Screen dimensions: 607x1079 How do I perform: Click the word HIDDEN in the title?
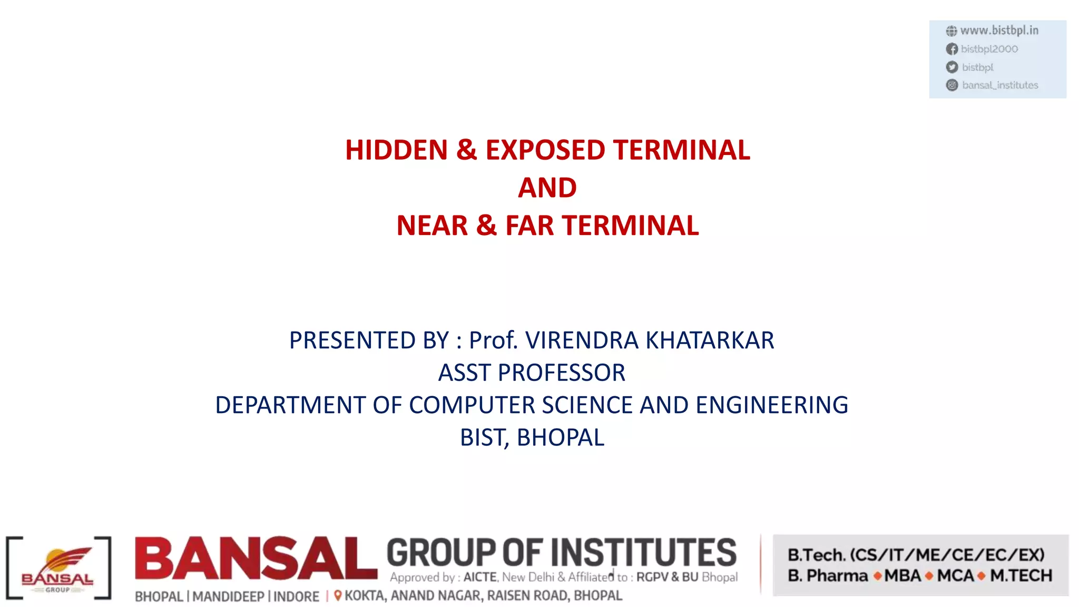tap(396, 150)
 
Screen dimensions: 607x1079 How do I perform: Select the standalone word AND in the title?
tap(547, 188)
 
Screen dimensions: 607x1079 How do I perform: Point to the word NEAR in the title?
tap(432, 226)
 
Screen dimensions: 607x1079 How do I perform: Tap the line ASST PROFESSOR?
tap(532, 373)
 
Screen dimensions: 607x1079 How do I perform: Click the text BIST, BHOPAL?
tap(532, 438)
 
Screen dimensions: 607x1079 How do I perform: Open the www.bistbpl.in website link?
tap(999, 31)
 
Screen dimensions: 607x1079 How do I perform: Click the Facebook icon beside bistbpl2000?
tap(952, 49)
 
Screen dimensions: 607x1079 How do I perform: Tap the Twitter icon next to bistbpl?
tap(952, 67)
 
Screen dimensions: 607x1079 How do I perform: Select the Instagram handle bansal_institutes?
tap(999, 85)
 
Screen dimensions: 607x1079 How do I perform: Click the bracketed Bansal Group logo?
tap(58, 568)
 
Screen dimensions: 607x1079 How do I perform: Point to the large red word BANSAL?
tap(256, 559)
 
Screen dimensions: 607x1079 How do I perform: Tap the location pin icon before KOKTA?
tap(338, 595)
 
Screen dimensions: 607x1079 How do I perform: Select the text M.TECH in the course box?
tap(1021, 576)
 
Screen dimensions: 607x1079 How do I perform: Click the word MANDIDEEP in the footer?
tap(228, 596)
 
